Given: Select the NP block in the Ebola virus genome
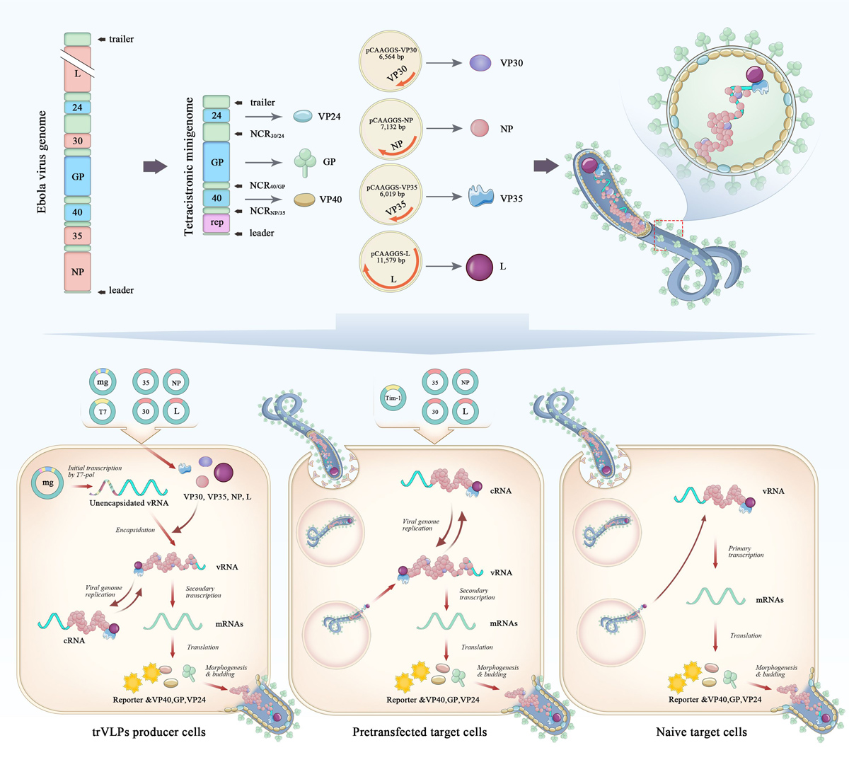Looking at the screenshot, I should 77,272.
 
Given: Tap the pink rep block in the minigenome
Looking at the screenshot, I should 216,222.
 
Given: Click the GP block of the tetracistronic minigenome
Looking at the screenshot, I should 216,162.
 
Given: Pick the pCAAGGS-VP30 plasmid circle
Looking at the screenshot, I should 391,62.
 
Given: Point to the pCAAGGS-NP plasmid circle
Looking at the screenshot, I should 391,129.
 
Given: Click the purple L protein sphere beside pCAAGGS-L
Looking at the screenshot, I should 480,267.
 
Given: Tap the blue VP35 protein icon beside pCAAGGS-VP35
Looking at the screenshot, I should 481,197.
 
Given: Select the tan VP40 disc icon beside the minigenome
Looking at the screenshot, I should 305,200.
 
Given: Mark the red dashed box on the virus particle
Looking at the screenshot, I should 667,234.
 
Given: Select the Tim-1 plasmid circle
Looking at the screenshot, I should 393,398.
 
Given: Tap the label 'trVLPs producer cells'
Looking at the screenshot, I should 149,732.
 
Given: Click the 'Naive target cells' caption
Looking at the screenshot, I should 701,732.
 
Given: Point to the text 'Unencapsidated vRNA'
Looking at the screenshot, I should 129,503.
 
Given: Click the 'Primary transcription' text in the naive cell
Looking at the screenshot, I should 746,551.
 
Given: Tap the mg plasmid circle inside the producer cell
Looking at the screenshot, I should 48,483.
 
